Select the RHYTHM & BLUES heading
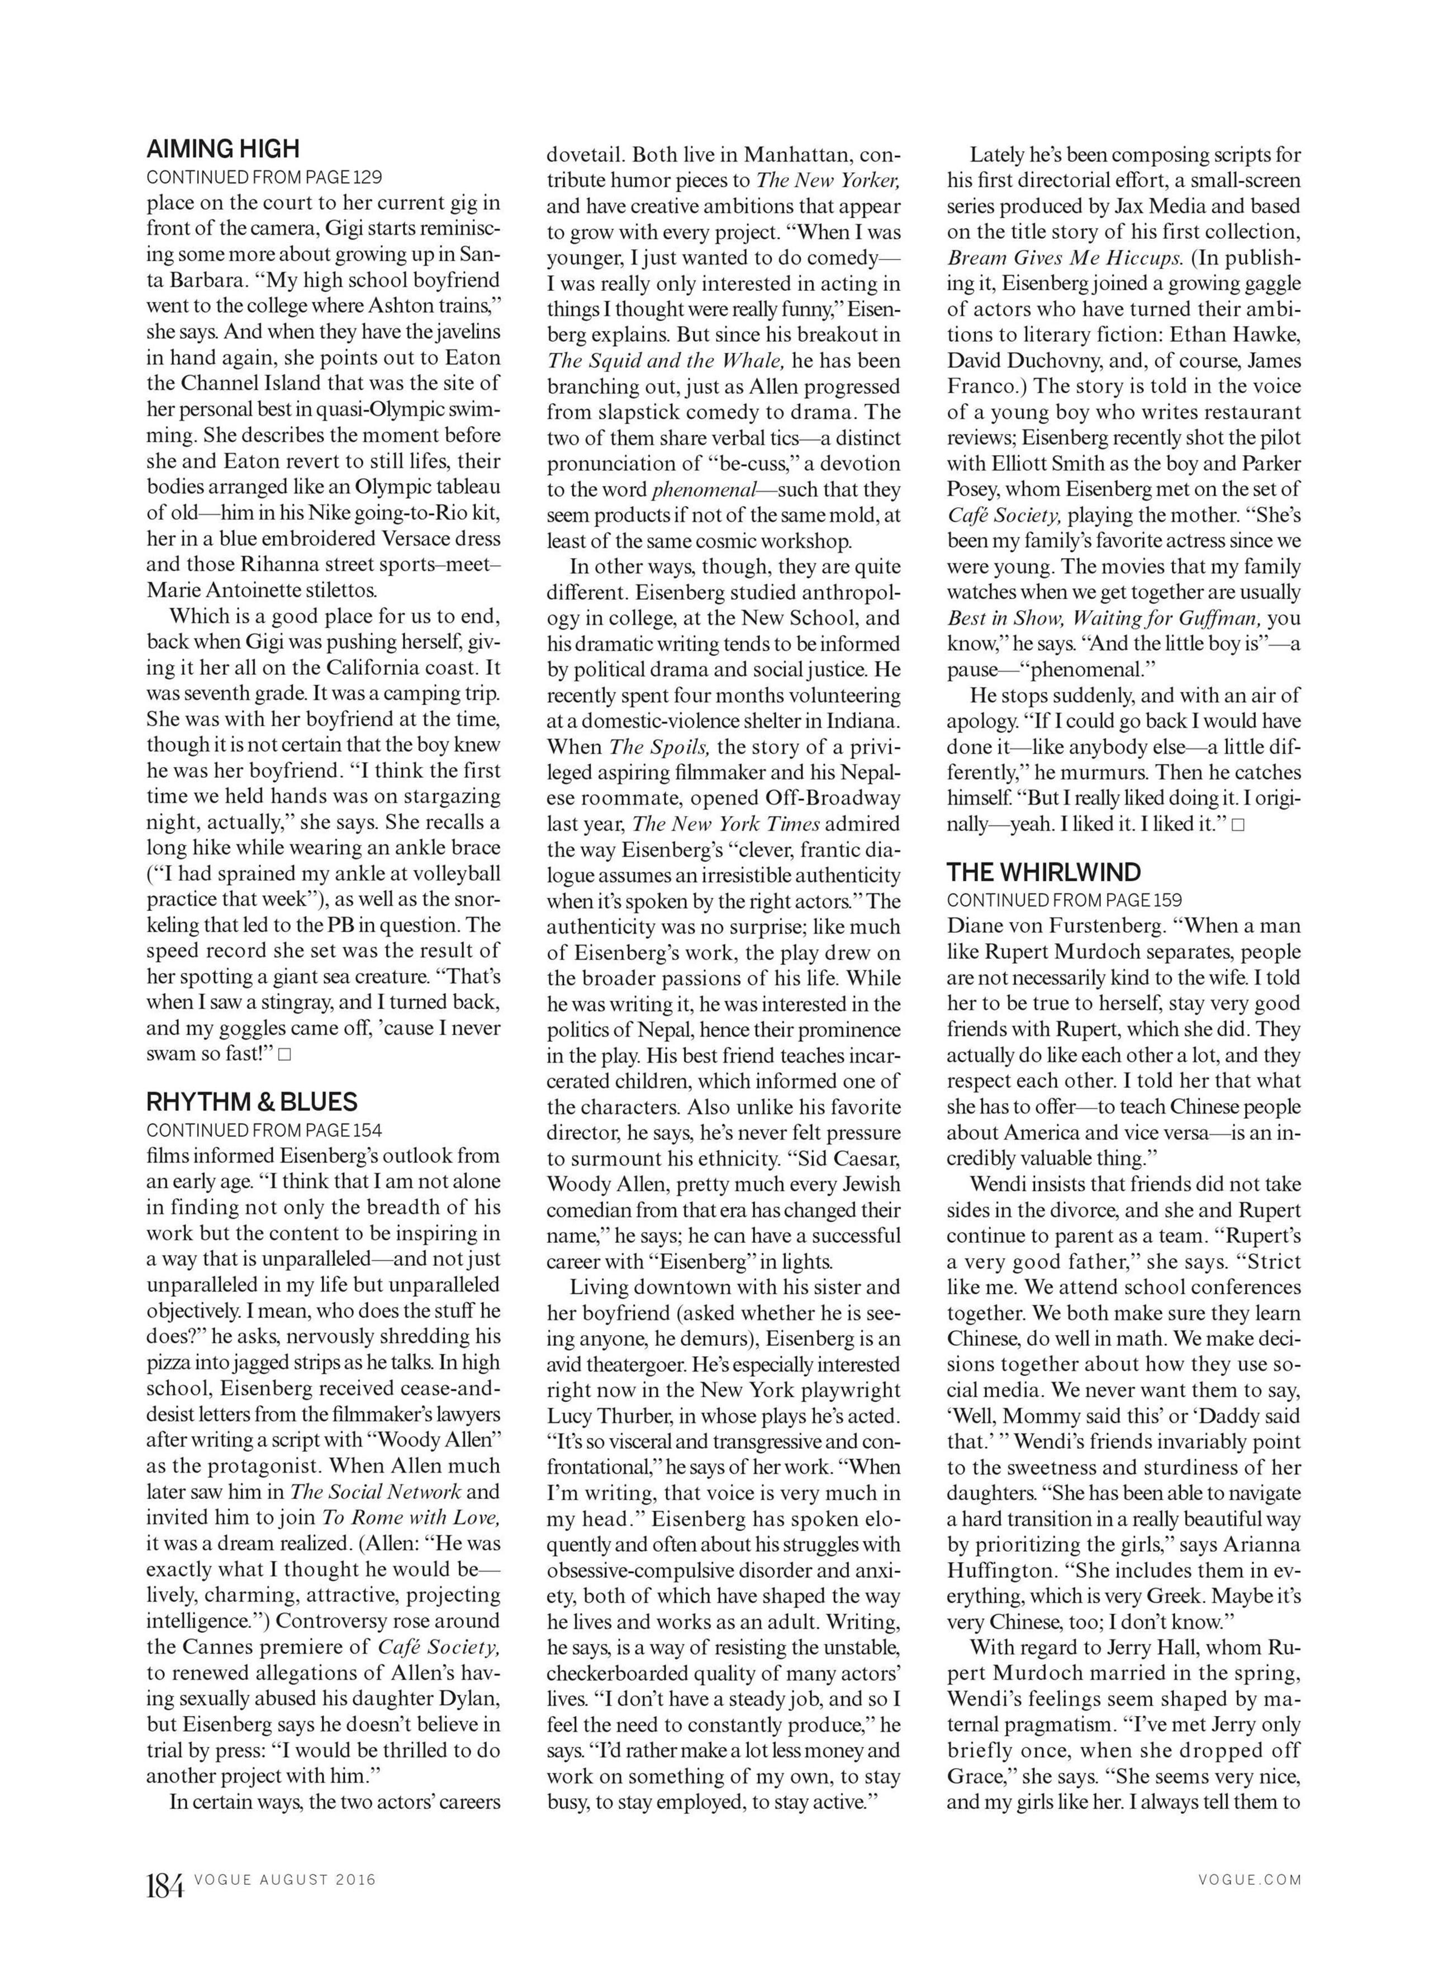pos(251,1102)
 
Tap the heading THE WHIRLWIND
pos(1043,872)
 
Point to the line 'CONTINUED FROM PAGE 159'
pos(1064,900)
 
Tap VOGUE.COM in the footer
pos(1249,1880)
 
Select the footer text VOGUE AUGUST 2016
pos(285,1880)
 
